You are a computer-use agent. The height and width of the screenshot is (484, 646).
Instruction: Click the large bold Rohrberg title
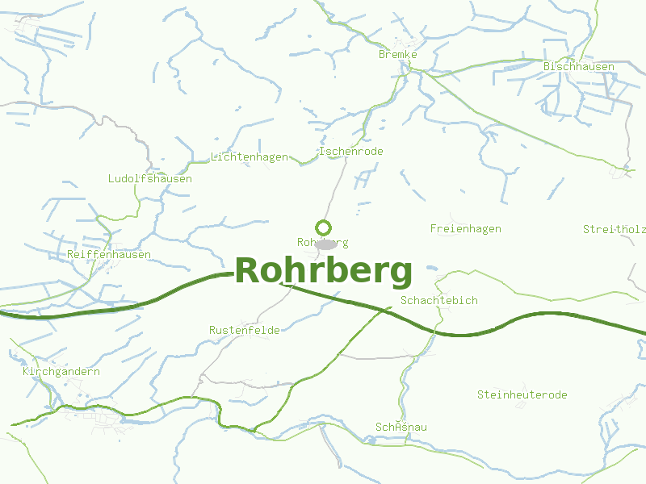(x=323, y=271)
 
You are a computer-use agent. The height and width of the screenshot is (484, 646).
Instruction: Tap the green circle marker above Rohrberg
(x=323, y=227)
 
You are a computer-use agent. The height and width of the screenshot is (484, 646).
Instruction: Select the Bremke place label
(x=398, y=54)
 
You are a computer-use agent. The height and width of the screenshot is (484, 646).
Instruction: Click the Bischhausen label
(x=579, y=66)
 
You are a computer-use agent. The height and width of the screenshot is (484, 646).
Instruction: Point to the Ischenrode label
(x=351, y=151)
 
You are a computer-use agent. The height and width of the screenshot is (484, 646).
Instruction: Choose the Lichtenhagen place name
(x=250, y=156)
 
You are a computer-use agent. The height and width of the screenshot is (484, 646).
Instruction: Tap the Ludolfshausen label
(x=150, y=178)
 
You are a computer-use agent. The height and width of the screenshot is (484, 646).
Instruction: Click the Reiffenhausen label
(x=109, y=254)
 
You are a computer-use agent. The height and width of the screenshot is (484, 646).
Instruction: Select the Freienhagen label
(x=466, y=228)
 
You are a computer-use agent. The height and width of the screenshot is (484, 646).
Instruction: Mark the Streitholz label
(x=614, y=229)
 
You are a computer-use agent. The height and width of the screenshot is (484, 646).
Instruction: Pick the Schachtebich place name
(x=439, y=300)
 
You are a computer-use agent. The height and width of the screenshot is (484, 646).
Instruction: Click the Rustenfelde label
(x=245, y=330)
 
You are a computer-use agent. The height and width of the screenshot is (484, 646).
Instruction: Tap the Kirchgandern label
(x=61, y=371)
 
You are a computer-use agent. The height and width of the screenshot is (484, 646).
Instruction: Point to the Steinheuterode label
(x=522, y=394)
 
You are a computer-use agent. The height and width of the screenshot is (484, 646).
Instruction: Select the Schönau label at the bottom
(x=401, y=426)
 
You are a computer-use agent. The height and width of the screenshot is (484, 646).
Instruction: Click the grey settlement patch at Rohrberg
(x=326, y=244)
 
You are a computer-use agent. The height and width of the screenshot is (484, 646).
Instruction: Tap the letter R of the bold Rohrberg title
(x=248, y=271)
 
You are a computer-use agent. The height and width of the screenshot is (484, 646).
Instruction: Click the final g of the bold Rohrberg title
(x=401, y=274)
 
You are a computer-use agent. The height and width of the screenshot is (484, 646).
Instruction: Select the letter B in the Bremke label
(x=382, y=54)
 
